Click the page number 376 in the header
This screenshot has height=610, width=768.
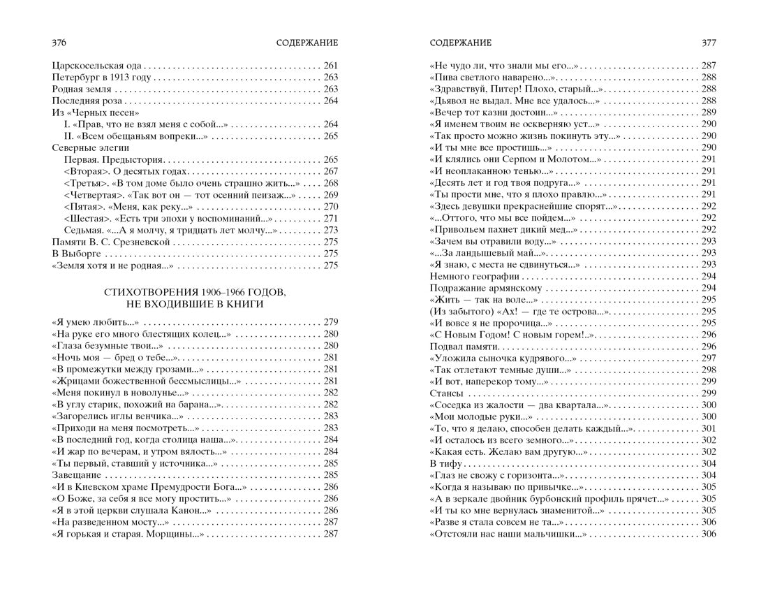(59, 43)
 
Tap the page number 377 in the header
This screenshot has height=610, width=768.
(709, 43)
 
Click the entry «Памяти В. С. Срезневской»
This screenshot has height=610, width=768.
(111, 242)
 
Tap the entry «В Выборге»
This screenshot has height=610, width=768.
(75, 254)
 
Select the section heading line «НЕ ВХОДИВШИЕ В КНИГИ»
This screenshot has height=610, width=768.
(195, 304)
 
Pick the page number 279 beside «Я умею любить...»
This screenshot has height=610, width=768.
(330, 322)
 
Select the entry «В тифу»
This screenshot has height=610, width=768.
(444, 464)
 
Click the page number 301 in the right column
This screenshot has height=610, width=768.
(709, 428)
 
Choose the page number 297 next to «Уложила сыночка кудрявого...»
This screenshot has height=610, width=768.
(709, 358)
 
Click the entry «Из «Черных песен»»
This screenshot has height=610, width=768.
(96, 112)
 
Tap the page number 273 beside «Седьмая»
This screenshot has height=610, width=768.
(330, 230)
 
